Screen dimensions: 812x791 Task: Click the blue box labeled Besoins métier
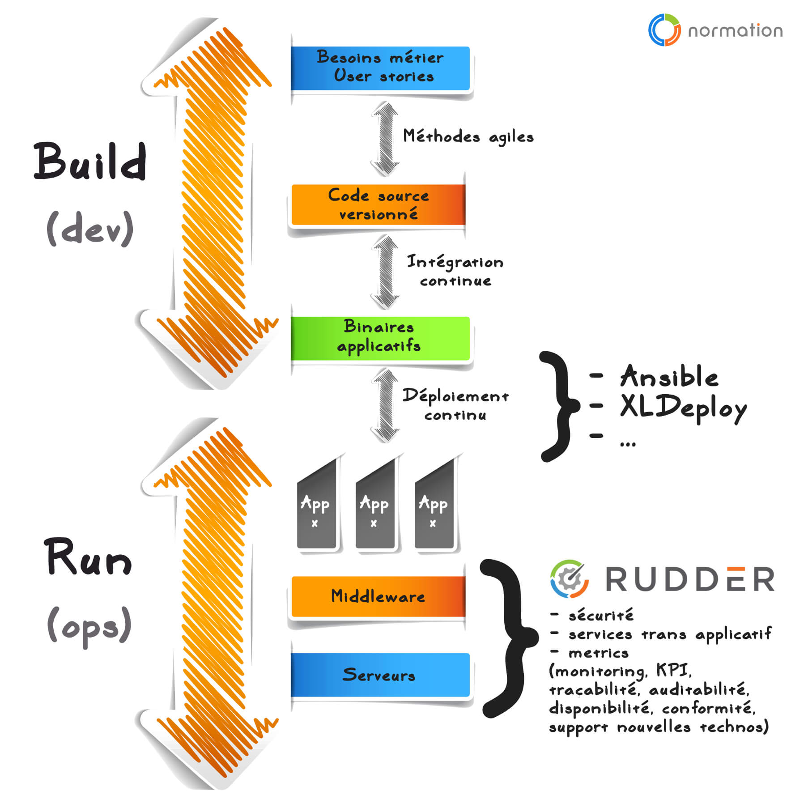380,68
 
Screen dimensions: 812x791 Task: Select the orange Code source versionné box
378,204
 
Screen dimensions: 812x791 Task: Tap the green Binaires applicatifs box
380,338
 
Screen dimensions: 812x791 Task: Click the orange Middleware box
378,596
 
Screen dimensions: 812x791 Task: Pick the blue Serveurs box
380,675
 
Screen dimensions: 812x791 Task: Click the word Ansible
669,377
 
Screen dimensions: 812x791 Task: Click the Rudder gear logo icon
569,579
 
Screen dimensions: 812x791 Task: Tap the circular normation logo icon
664,30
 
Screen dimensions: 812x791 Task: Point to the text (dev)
90,229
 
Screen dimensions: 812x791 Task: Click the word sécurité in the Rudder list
601,616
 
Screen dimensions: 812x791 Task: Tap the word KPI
673,670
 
